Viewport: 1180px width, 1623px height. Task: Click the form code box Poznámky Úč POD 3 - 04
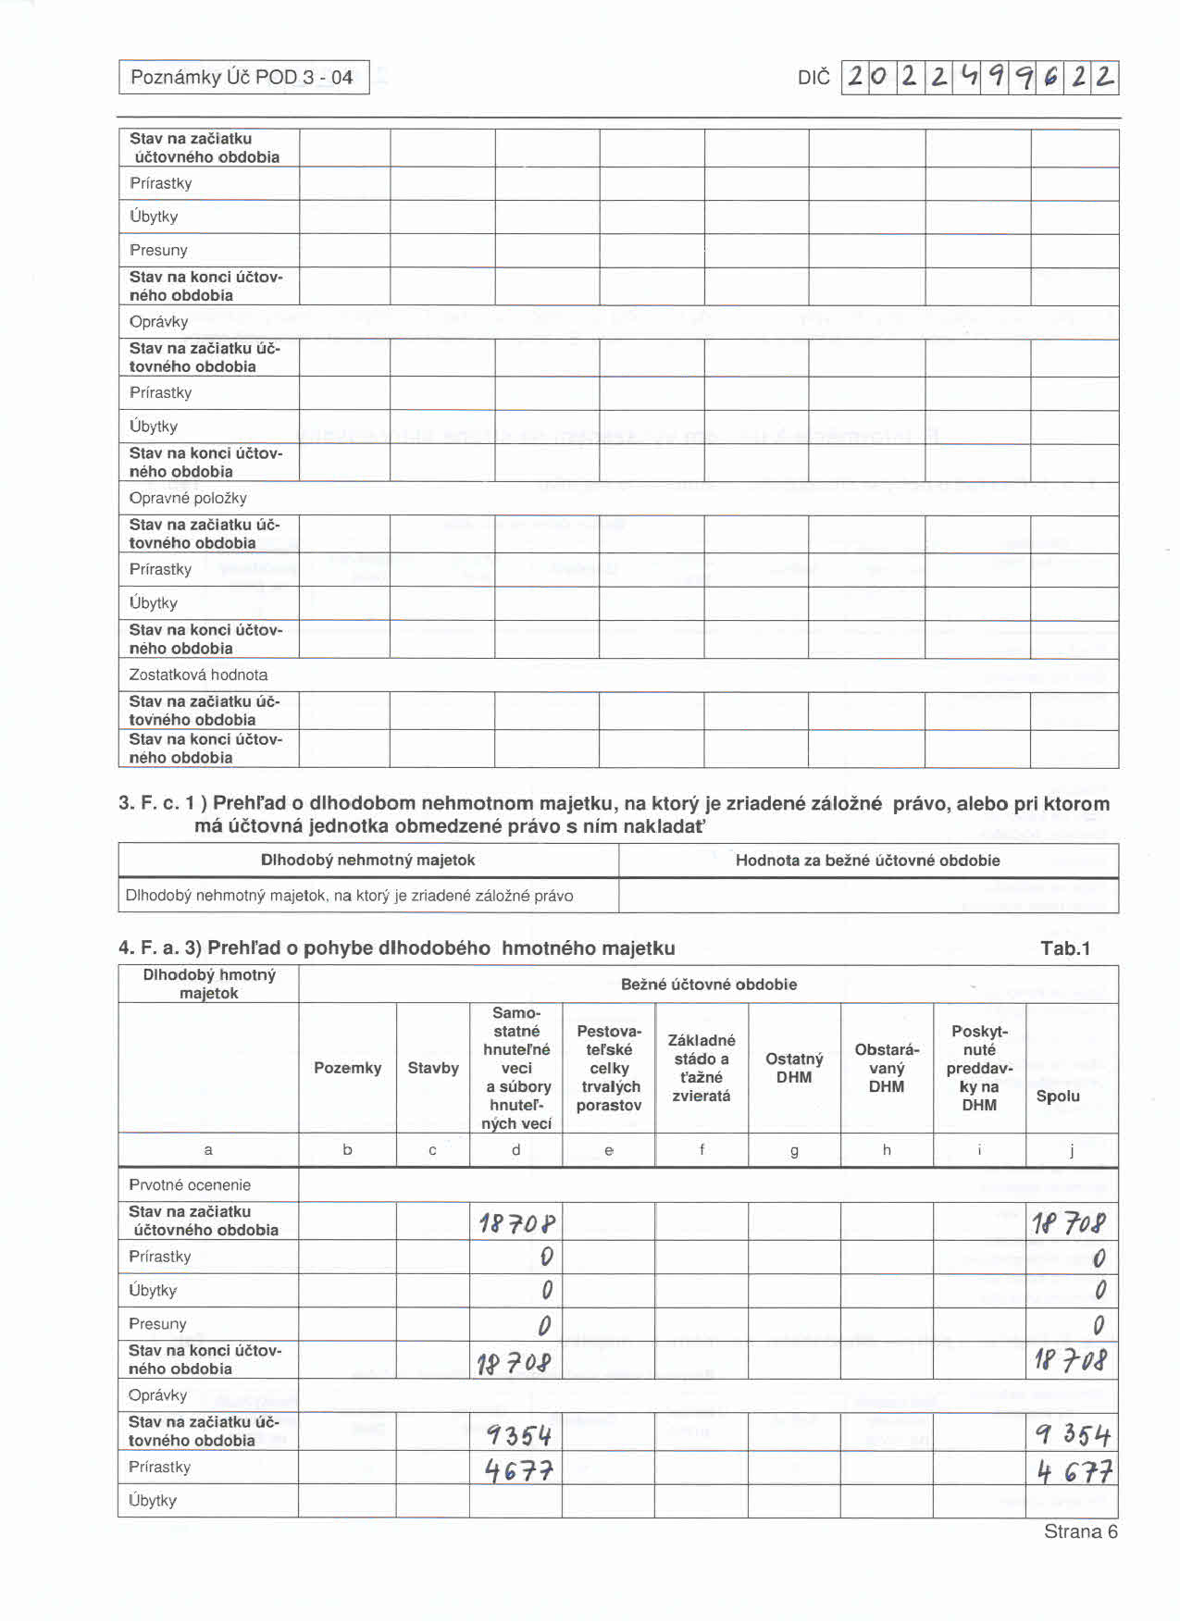(242, 77)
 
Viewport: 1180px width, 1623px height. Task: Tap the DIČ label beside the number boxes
(814, 78)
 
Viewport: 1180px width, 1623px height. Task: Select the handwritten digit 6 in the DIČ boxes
(1050, 78)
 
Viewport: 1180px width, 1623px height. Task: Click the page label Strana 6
(1080, 1531)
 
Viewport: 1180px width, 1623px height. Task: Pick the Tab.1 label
(1065, 948)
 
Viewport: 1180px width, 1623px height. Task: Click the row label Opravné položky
(188, 498)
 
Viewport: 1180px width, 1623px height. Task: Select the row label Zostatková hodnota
(198, 675)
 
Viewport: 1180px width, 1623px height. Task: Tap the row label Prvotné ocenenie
(190, 1184)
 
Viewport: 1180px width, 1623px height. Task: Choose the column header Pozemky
(347, 1068)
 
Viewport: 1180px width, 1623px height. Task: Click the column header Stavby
(433, 1068)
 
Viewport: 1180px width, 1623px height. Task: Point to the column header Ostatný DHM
(794, 1068)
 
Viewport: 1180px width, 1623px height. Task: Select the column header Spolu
(1058, 1096)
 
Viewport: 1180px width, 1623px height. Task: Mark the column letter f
(702, 1149)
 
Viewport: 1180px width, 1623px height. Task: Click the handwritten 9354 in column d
(518, 1434)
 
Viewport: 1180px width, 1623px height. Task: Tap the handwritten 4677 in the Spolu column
(1074, 1470)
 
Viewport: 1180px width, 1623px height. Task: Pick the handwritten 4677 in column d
(518, 1469)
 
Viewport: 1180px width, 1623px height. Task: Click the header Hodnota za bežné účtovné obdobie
(867, 860)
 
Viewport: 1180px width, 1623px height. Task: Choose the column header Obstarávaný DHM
(887, 1068)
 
